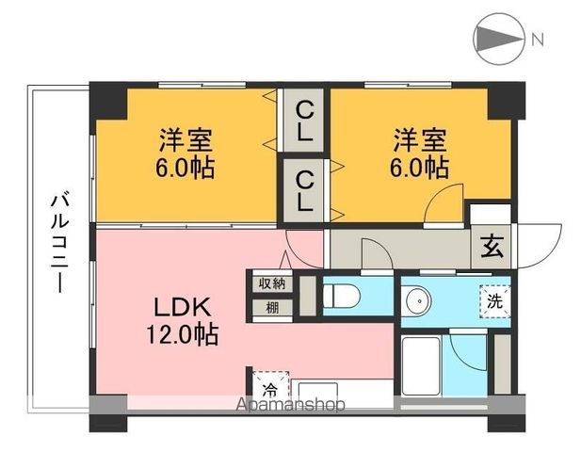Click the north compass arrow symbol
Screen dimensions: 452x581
497,40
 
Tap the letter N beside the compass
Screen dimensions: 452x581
538,40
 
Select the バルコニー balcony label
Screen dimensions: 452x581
58,240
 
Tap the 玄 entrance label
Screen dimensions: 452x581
492,249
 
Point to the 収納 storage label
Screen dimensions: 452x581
270,282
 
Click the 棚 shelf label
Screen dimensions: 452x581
270,307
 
